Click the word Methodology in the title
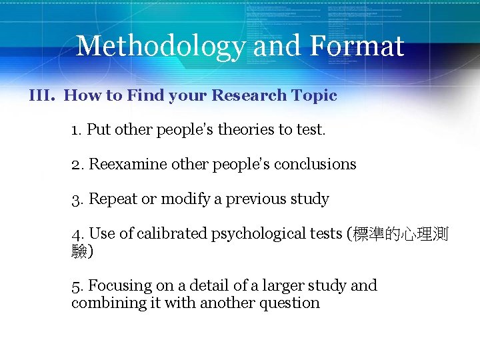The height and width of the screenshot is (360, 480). [160, 46]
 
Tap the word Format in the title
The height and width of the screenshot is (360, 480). [357, 46]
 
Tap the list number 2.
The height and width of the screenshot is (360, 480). [76, 164]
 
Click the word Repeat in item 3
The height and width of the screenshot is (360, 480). [111, 199]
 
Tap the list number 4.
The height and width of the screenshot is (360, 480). [77, 233]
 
